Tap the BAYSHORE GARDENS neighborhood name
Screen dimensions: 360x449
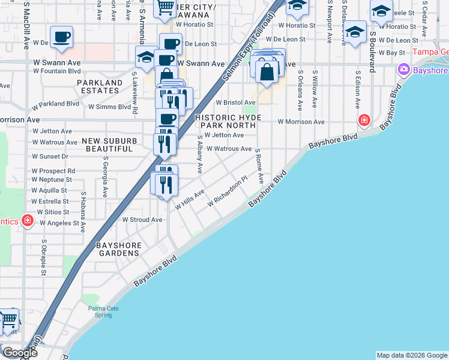[119, 250]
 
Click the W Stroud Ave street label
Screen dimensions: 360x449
[142, 220]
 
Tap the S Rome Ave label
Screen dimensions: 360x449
[259, 166]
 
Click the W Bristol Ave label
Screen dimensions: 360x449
[236, 103]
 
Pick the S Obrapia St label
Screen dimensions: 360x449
[44, 258]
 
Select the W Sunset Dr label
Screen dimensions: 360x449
[50, 156]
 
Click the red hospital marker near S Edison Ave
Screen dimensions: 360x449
[364, 121]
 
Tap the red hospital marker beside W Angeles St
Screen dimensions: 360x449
[27, 221]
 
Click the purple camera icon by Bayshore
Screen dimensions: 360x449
[403, 69]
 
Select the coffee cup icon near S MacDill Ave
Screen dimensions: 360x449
[61, 37]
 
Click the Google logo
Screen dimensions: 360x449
[19, 353]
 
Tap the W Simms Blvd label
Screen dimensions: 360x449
[109, 107]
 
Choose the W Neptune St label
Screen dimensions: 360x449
[52, 180]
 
